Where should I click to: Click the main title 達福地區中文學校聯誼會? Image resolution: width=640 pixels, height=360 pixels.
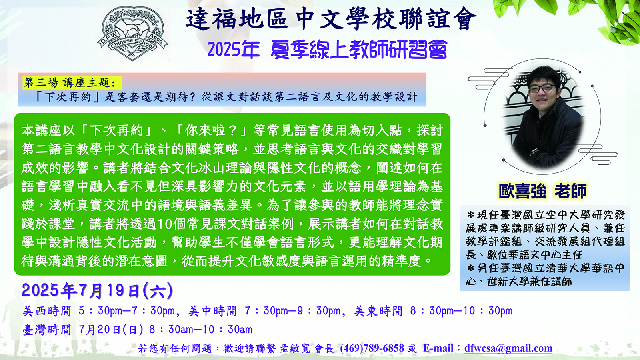click(331, 19)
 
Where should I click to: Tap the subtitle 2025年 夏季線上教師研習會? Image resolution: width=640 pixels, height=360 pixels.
click(328, 50)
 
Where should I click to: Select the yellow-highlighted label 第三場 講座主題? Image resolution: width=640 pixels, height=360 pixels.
click(70, 83)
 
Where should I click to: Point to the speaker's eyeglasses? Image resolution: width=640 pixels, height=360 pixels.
click(542, 88)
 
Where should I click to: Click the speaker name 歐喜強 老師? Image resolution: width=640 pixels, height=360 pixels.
click(542, 191)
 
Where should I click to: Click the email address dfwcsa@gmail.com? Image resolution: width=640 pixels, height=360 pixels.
click(508, 348)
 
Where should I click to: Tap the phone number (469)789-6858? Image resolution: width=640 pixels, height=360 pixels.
click(372, 348)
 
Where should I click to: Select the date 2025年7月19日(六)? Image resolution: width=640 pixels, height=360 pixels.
click(98, 290)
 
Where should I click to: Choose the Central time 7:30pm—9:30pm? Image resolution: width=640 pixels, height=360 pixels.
click(292, 311)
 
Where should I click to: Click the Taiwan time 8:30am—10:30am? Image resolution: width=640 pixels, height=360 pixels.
click(201, 330)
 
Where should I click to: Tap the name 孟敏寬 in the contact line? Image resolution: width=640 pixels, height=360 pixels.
click(294, 348)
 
